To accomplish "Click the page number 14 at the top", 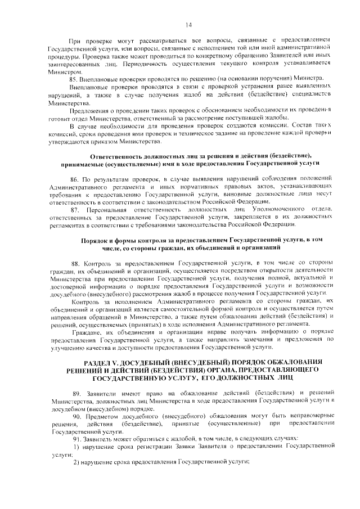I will coord(188,25).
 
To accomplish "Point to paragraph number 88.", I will coord(75,263).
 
